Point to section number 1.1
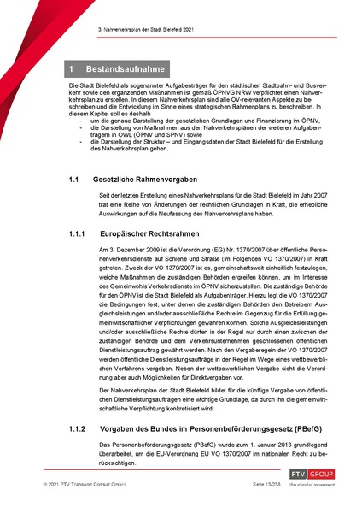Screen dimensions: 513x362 73,180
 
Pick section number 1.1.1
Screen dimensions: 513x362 77,233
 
